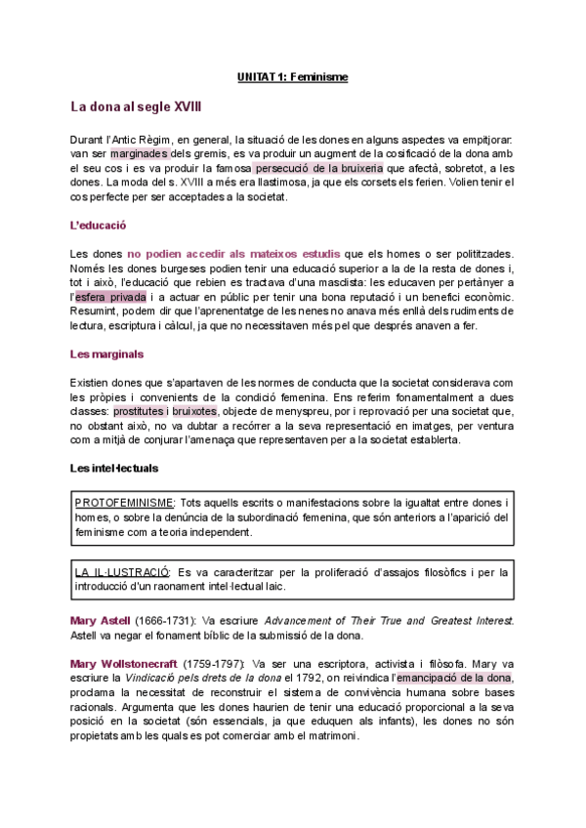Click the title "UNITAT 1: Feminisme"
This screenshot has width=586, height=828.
(x=293, y=75)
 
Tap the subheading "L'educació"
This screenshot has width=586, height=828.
(x=100, y=225)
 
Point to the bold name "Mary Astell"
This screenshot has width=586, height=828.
(x=101, y=621)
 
